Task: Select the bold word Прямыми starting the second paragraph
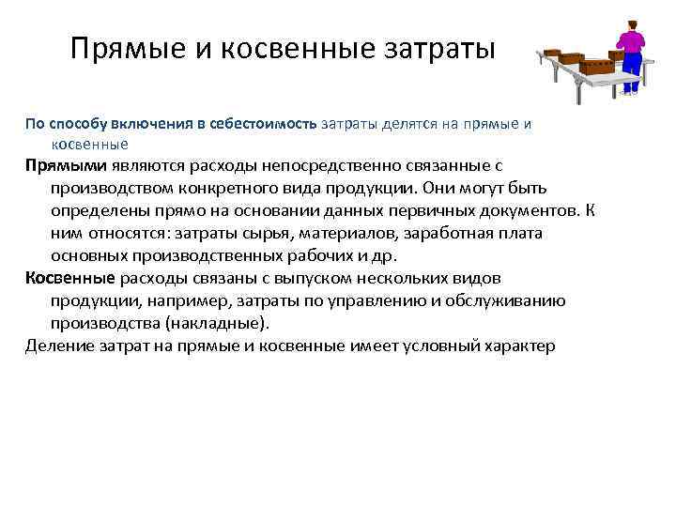click(x=59, y=166)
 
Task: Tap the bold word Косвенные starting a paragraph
click(x=69, y=279)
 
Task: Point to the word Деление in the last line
click(x=55, y=346)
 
